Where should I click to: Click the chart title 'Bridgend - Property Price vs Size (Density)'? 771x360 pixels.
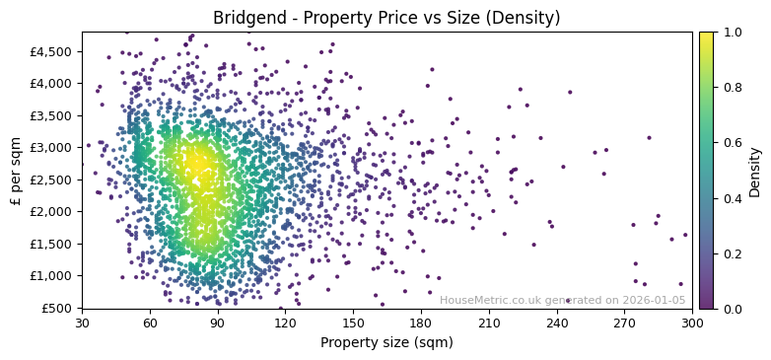point(385,18)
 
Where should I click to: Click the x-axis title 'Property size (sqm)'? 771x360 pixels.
point(386,343)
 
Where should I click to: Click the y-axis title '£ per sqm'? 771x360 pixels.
point(16,171)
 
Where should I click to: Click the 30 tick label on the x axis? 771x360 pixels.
point(82,323)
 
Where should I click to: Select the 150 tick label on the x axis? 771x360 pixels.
point(353,323)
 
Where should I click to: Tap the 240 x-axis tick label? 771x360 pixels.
point(557,323)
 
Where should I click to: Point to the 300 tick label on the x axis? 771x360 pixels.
point(692,323)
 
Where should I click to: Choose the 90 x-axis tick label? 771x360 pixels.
point(218,323)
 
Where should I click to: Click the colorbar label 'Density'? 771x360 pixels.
point(755,171)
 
